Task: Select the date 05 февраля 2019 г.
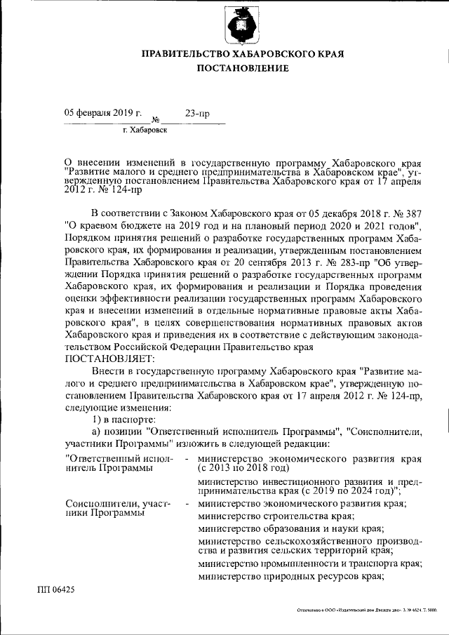[x=102, y=113]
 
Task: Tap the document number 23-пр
[x=196, y=113]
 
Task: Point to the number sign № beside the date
[x=156, y=119]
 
